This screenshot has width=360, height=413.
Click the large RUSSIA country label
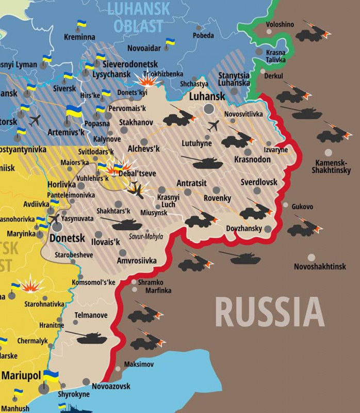[x=269, y=312]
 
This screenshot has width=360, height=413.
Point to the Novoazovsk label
[x=111, y=386]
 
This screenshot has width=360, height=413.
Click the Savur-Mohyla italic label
[x=145, y=237]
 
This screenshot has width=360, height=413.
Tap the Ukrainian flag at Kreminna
[x=81, y=25]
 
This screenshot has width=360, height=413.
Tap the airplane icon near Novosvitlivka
[x=213, y=126]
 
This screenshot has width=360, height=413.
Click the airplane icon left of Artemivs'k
[x=36, y=120]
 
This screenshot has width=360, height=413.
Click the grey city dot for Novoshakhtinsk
[x=311, y=257]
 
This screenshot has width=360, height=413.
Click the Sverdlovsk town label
[x=259, y=182]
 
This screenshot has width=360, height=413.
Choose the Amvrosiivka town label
[x=137, y=261]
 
